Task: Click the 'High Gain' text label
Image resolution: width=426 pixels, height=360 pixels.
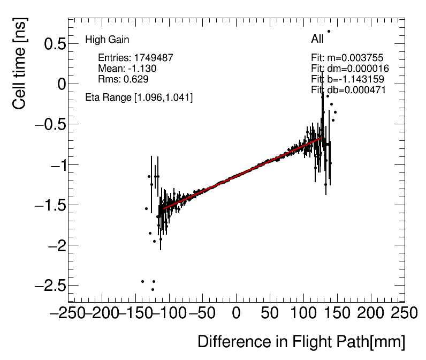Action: [x=107, y=40]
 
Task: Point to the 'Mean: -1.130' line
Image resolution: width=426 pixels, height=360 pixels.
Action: [x=127, y=69]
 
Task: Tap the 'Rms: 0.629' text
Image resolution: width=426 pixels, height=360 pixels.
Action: [x=123, y=79]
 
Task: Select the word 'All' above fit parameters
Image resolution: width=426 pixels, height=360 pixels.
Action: [x=317, y=39]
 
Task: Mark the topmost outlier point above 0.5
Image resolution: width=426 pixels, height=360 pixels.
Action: [x=329, y=32]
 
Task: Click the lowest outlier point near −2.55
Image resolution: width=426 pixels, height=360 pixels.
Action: [x=153, y=290]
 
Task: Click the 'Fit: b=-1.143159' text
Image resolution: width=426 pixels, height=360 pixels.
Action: [x=347, y=79]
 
